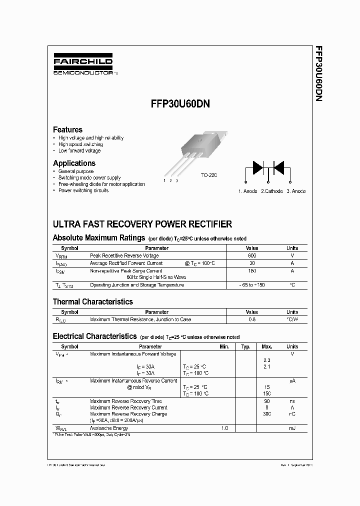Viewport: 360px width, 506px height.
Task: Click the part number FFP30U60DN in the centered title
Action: (x=179, y=104)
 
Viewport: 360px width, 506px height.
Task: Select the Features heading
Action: (x=67, y=129)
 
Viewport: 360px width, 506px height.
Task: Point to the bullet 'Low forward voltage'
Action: (x=79, y=150)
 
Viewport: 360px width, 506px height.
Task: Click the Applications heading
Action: (x=74, y=163)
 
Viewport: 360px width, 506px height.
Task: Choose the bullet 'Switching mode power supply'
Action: (x=89, y=177)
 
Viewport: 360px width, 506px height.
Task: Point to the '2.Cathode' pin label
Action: (x=271, y=191)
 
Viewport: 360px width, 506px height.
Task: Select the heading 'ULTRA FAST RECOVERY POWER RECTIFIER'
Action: (x=142, y=224)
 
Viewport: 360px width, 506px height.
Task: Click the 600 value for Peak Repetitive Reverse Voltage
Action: (x=252, y=255)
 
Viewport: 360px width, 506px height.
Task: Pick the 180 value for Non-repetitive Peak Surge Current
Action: (x=252, y=270)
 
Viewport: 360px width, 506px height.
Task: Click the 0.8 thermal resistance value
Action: (x=252, y=319)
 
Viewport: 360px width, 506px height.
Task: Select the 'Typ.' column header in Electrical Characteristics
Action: (x=245, y=346)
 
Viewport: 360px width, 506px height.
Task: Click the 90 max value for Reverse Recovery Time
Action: (x=266, y=401)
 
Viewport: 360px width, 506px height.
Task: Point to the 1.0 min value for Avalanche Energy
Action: (x=224, y=428)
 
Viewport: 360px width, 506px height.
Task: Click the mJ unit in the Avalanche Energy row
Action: (x=292, y=428)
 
